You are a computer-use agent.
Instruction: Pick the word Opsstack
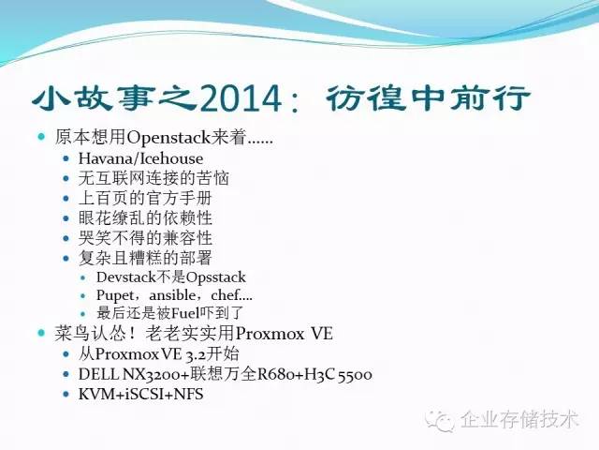point(213,277)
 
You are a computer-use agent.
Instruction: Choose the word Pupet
point(115,294)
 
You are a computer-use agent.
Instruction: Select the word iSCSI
point(142,395)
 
